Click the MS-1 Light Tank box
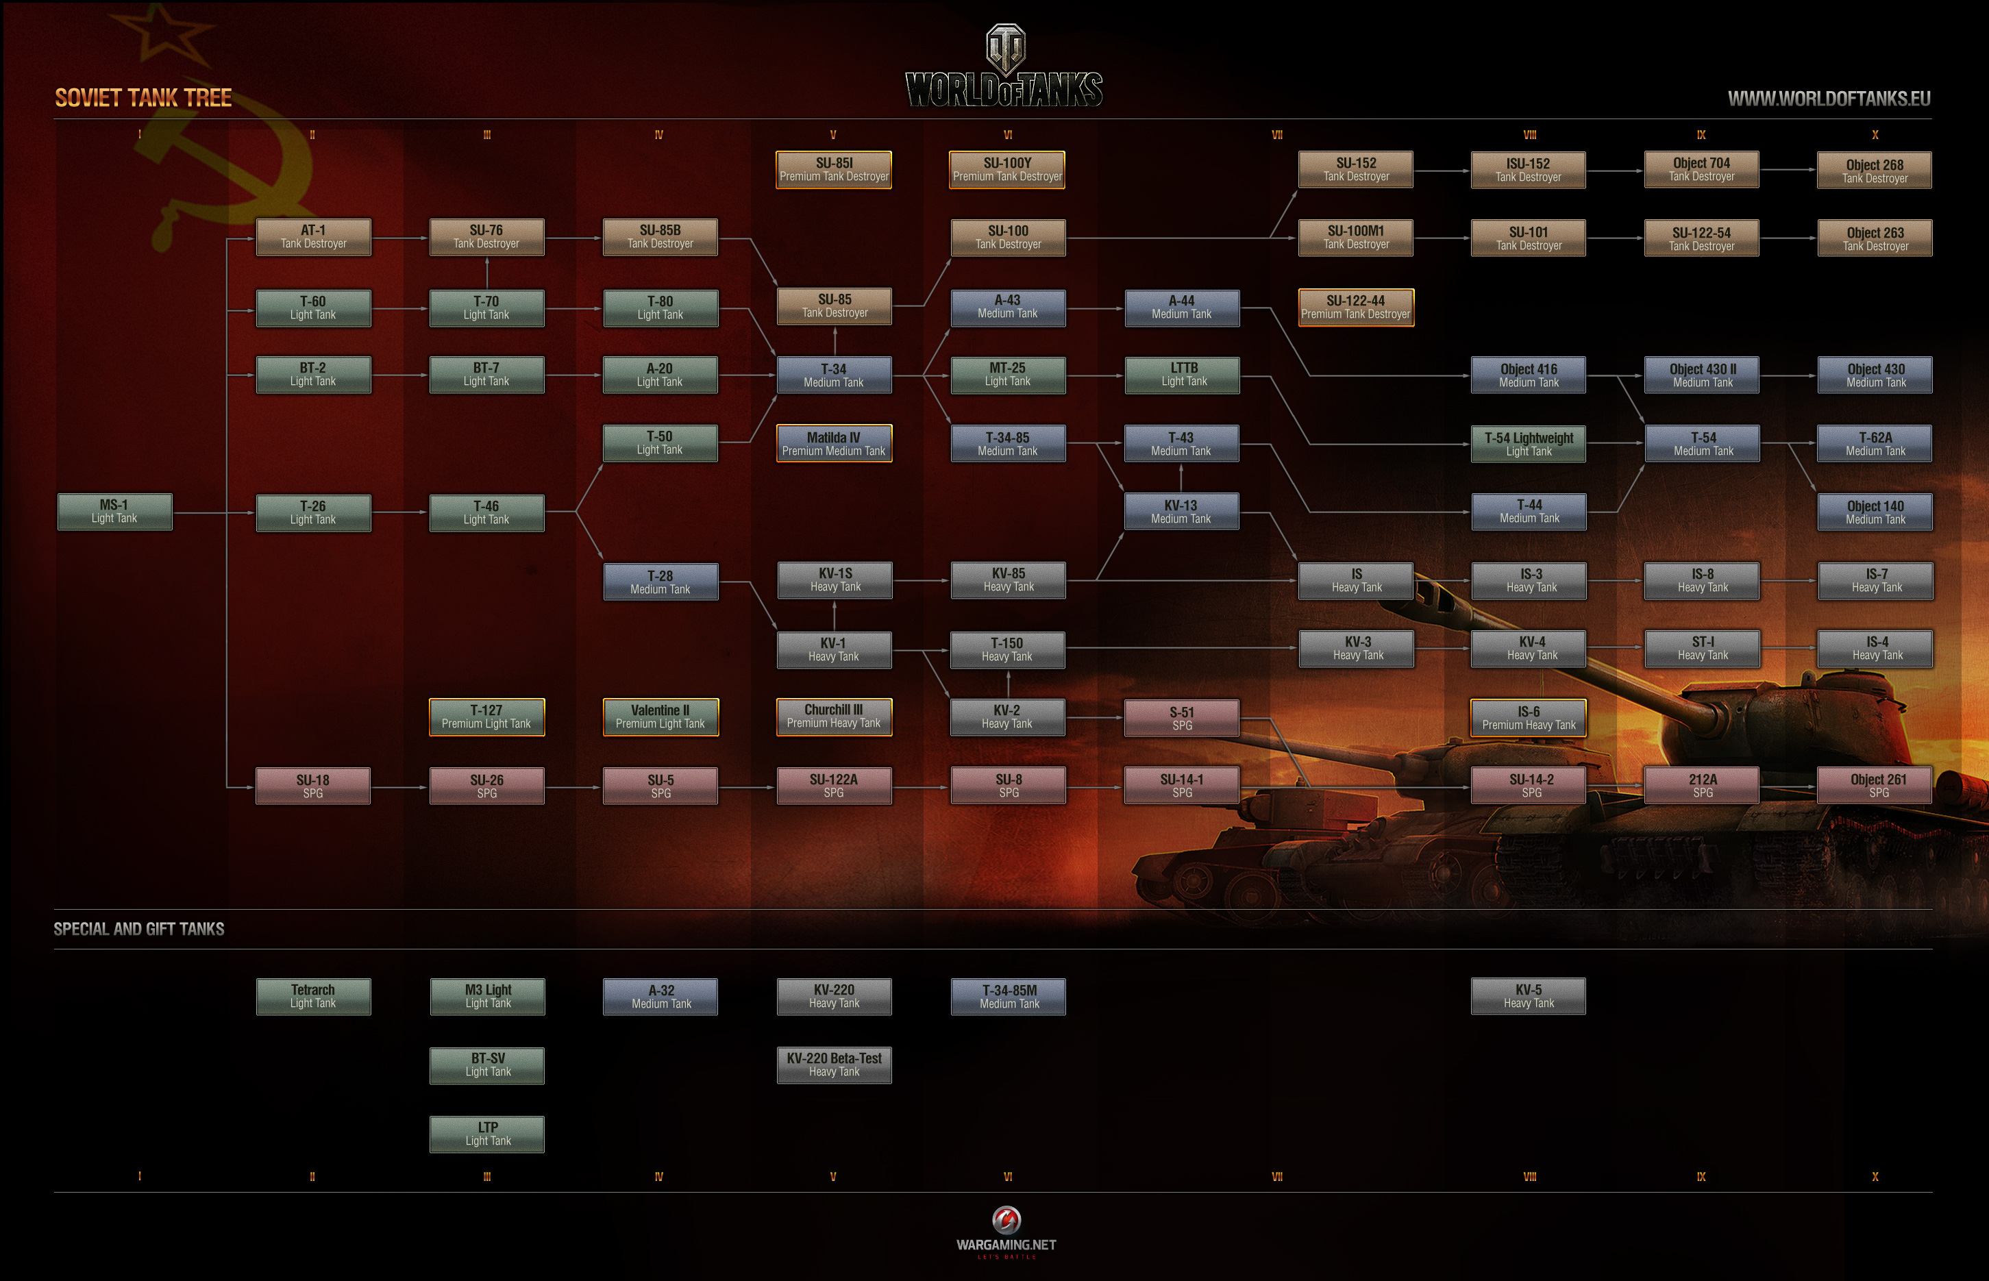(115, 512)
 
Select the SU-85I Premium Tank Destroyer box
(834, 170)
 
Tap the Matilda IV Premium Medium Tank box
(834, 443)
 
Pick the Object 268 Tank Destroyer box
(1874, 171)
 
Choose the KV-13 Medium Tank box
(1181, 512)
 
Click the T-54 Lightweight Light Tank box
(1528, 444)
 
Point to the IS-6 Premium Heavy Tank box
(1528, 718)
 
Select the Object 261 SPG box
(1874, 785)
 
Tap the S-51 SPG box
(1181, 718)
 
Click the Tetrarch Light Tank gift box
(313, 997)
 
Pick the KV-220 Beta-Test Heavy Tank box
(834, 1065)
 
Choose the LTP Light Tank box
(486, 1134)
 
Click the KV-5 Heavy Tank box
(1528, 996)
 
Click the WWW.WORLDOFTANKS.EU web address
(1829, 99)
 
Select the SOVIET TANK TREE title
(143, 98)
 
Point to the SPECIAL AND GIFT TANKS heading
(139, 929)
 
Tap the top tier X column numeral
(1874, 135)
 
